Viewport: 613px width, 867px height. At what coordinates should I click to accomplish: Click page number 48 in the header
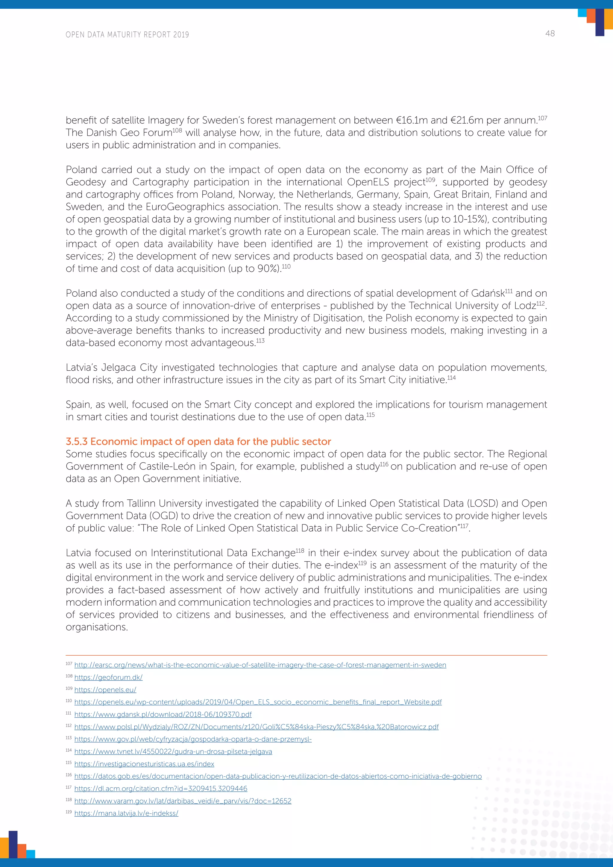pos(550,34)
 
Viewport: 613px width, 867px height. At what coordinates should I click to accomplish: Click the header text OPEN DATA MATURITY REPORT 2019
pos(127,35)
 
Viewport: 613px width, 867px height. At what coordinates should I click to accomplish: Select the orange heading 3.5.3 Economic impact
pos(198,441)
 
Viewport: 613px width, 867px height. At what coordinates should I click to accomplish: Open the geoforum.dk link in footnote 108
pos(108,677)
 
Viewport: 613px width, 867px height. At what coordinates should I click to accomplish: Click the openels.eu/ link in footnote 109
pos(105,690)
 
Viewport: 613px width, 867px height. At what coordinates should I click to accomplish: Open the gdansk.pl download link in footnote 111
pos(163,714)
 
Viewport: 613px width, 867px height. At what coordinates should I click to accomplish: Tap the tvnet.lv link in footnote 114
pos(173,751)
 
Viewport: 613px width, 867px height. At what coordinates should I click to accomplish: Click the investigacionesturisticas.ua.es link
pos(144,764)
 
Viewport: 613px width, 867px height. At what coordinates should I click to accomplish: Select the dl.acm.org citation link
pos(161,789)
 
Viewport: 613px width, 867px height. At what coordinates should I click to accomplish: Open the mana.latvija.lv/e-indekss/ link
pos(126,813)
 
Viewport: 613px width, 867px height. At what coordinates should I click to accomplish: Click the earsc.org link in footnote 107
pos(260,665)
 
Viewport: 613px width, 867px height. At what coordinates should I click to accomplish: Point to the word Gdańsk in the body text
pos(487,293)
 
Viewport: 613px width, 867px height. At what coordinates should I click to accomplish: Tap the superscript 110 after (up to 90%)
pos(286,266)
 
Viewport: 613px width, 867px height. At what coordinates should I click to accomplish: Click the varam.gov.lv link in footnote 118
pos(183,801)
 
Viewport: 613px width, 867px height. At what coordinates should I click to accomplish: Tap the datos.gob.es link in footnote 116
pos(278,776)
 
